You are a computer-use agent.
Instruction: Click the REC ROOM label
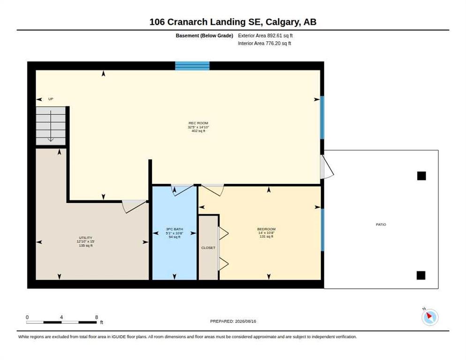[x=198, y=123]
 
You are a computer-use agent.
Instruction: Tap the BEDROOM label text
[x=266, y=229]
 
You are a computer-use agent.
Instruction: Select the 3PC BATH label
[x=174, y=229]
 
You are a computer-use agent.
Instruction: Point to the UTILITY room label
[x=86, y=238]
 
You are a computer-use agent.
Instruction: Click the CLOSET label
[x=208, y=247]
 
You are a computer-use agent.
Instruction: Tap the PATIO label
[x=381, y=225]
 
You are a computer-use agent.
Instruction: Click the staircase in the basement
[x=51, y=126]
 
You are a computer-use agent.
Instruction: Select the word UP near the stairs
[x=51, y=99]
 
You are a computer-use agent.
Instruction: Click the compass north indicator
[x=430, y=317]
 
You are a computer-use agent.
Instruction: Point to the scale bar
[x=61, y=322]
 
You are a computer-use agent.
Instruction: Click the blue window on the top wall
[x=192, y=66]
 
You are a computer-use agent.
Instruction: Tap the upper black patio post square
[x=421, y=176]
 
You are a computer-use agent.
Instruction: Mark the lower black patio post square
[x=421, y=276]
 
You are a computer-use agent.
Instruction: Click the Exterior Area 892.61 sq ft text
[x=265, y=36]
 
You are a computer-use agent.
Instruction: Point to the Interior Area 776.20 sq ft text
[x=264, y=44]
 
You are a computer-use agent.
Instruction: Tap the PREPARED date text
[x=233, y=322]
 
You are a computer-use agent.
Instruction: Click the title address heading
[x=233, y=22]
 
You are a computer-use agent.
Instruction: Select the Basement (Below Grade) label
[x=204, y=36]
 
